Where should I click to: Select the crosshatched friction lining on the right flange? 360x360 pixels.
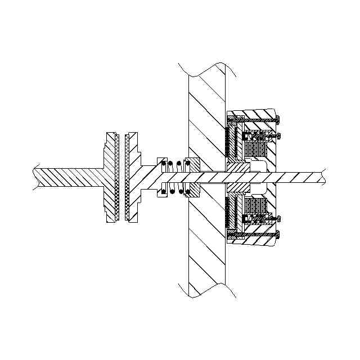click(127, 177)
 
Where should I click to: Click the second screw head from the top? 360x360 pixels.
click(277, 135)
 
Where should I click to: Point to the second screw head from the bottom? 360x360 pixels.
click(277, 218)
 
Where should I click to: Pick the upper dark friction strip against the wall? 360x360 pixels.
click(227, 141)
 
